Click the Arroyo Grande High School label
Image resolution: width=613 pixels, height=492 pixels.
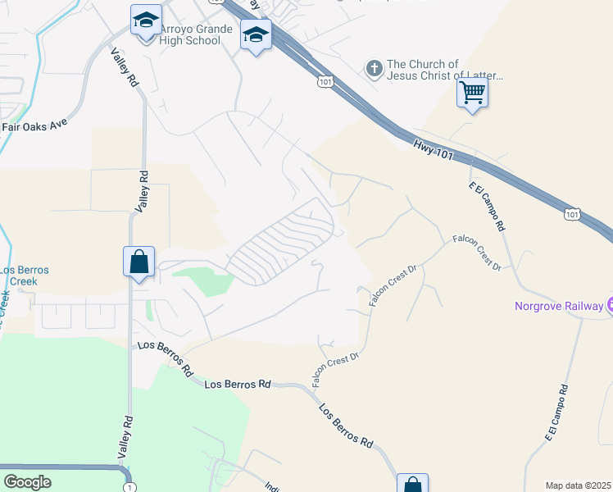click(x=189, y=34)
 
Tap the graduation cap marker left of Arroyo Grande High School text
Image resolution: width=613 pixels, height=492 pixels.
click(x=145, y=22)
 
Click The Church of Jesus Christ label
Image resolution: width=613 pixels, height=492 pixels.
click(x=443, y=70)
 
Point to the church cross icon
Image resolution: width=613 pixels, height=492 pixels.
click(x=374, y=69)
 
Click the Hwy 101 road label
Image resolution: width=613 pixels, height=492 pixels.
click(x=433, y=147)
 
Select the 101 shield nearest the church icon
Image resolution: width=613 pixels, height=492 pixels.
click(x=325, y=82)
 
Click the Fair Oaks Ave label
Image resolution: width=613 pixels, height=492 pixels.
click(x=33, y=125)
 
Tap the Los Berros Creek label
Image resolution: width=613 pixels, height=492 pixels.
click(x=25, y=276)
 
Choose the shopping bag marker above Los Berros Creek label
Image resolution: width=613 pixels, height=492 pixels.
click(x=138, y=262)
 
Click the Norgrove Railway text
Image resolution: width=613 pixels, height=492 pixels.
click(x=558, y=307)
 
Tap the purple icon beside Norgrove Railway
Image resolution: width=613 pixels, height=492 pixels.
click(x=609, y=306)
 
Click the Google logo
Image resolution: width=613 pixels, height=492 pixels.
click(x=27, y=482)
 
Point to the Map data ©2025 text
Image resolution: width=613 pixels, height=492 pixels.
click(x=578, y=485)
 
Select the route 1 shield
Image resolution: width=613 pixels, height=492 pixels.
click(x=129, y=487)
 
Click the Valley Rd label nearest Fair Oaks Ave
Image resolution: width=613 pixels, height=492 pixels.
click(x=124, y=69)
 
